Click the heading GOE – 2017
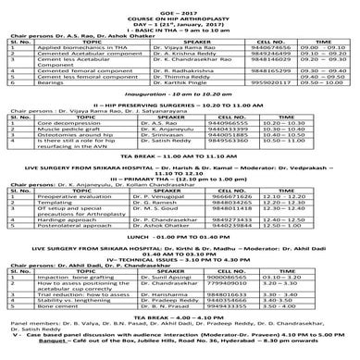point(179,6)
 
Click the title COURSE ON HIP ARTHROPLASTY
point(179,12)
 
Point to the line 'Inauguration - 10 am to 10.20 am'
point(179,107)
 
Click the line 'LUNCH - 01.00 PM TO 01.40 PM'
point(179,262)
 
